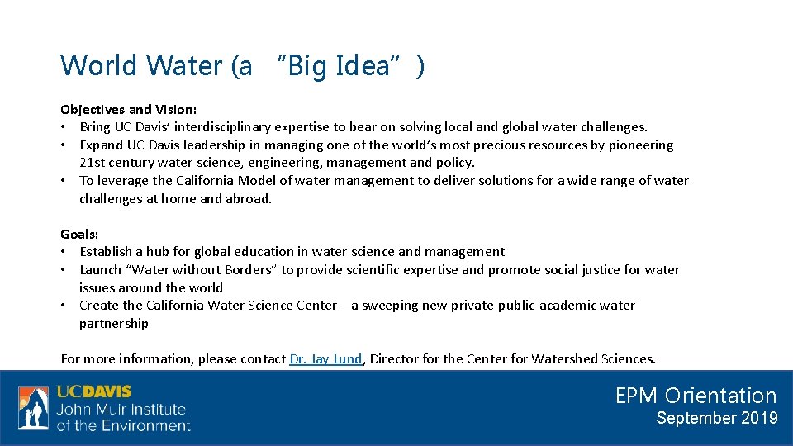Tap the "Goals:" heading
click(79, 234)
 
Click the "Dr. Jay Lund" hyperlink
click(325, 358)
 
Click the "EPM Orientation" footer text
click(696, 396)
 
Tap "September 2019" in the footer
click(716, 418)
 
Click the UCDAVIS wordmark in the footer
click(94, 392)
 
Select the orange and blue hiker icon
click(33, 408)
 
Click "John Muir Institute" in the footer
click(121, 410)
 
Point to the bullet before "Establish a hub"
click(64, 252)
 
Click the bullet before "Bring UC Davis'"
click(64, 127)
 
